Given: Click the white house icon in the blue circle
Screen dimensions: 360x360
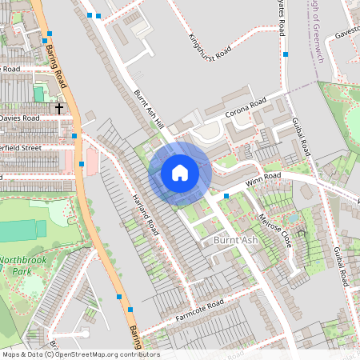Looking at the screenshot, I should [180, 173].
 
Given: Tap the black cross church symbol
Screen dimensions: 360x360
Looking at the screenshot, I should [59, 106].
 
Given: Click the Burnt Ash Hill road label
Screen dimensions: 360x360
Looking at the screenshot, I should [149, 109].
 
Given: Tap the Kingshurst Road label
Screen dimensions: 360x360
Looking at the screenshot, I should [210, 44].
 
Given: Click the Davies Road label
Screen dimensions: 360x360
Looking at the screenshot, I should [19, 118].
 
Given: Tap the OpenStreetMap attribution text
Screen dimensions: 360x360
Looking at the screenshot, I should [81, 354].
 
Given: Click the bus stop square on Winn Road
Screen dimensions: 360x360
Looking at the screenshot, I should [226, 195].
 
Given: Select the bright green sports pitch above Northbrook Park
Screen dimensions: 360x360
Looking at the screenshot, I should [18, 232].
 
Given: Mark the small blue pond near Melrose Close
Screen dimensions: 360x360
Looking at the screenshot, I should [293, 215].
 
